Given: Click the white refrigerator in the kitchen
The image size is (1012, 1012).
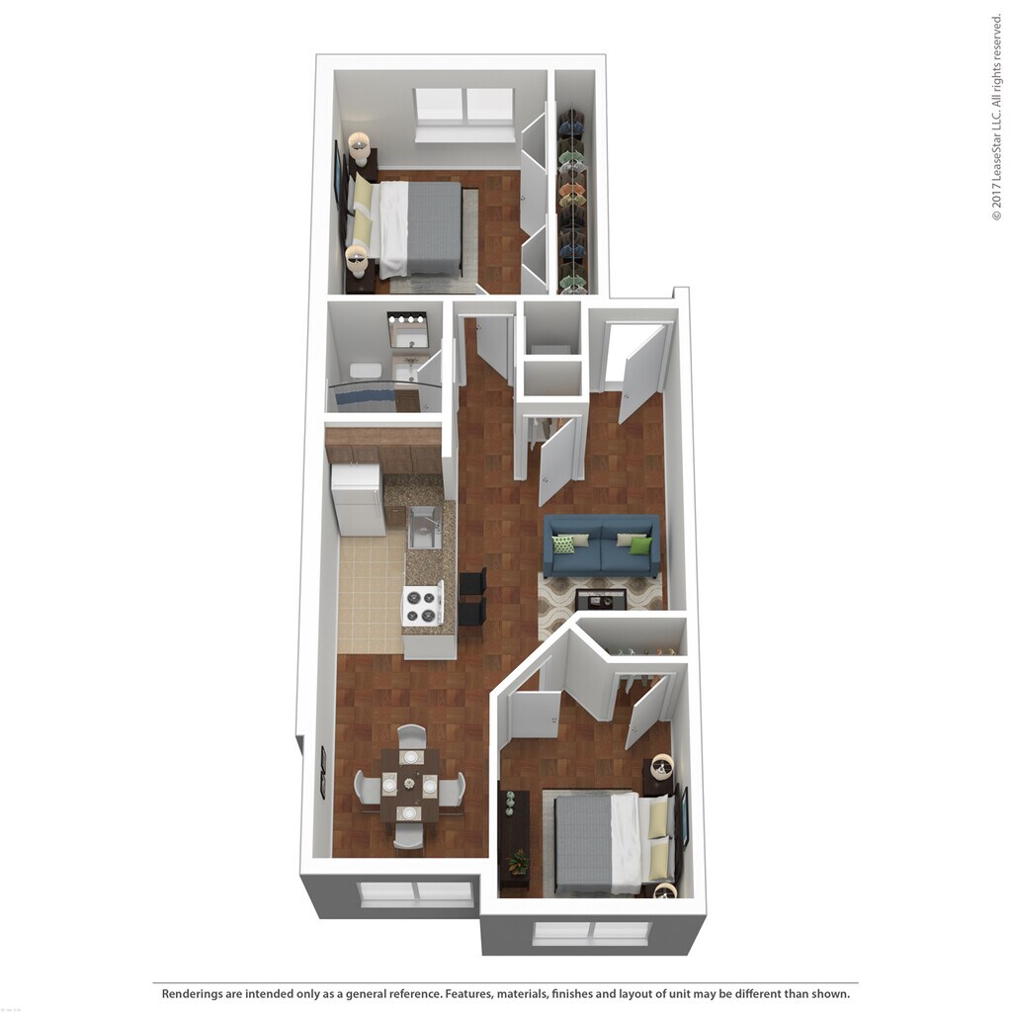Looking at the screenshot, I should (x=358, y=499).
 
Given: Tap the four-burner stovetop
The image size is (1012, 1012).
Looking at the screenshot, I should (x=422, y=605).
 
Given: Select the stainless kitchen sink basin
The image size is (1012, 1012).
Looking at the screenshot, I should (x=425, y=526).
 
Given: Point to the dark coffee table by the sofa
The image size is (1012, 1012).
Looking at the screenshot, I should (x=601, y=599).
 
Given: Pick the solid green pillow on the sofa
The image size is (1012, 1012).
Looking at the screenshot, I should (x=640, y=545).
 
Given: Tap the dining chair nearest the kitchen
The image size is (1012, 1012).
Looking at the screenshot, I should (x=412, y=735).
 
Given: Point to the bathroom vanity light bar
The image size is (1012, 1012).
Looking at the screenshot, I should (x=406, y=318).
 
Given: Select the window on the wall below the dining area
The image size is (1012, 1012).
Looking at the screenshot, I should (x=416, y=893).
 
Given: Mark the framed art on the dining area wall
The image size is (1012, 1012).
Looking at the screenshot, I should (x=322, y=773).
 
